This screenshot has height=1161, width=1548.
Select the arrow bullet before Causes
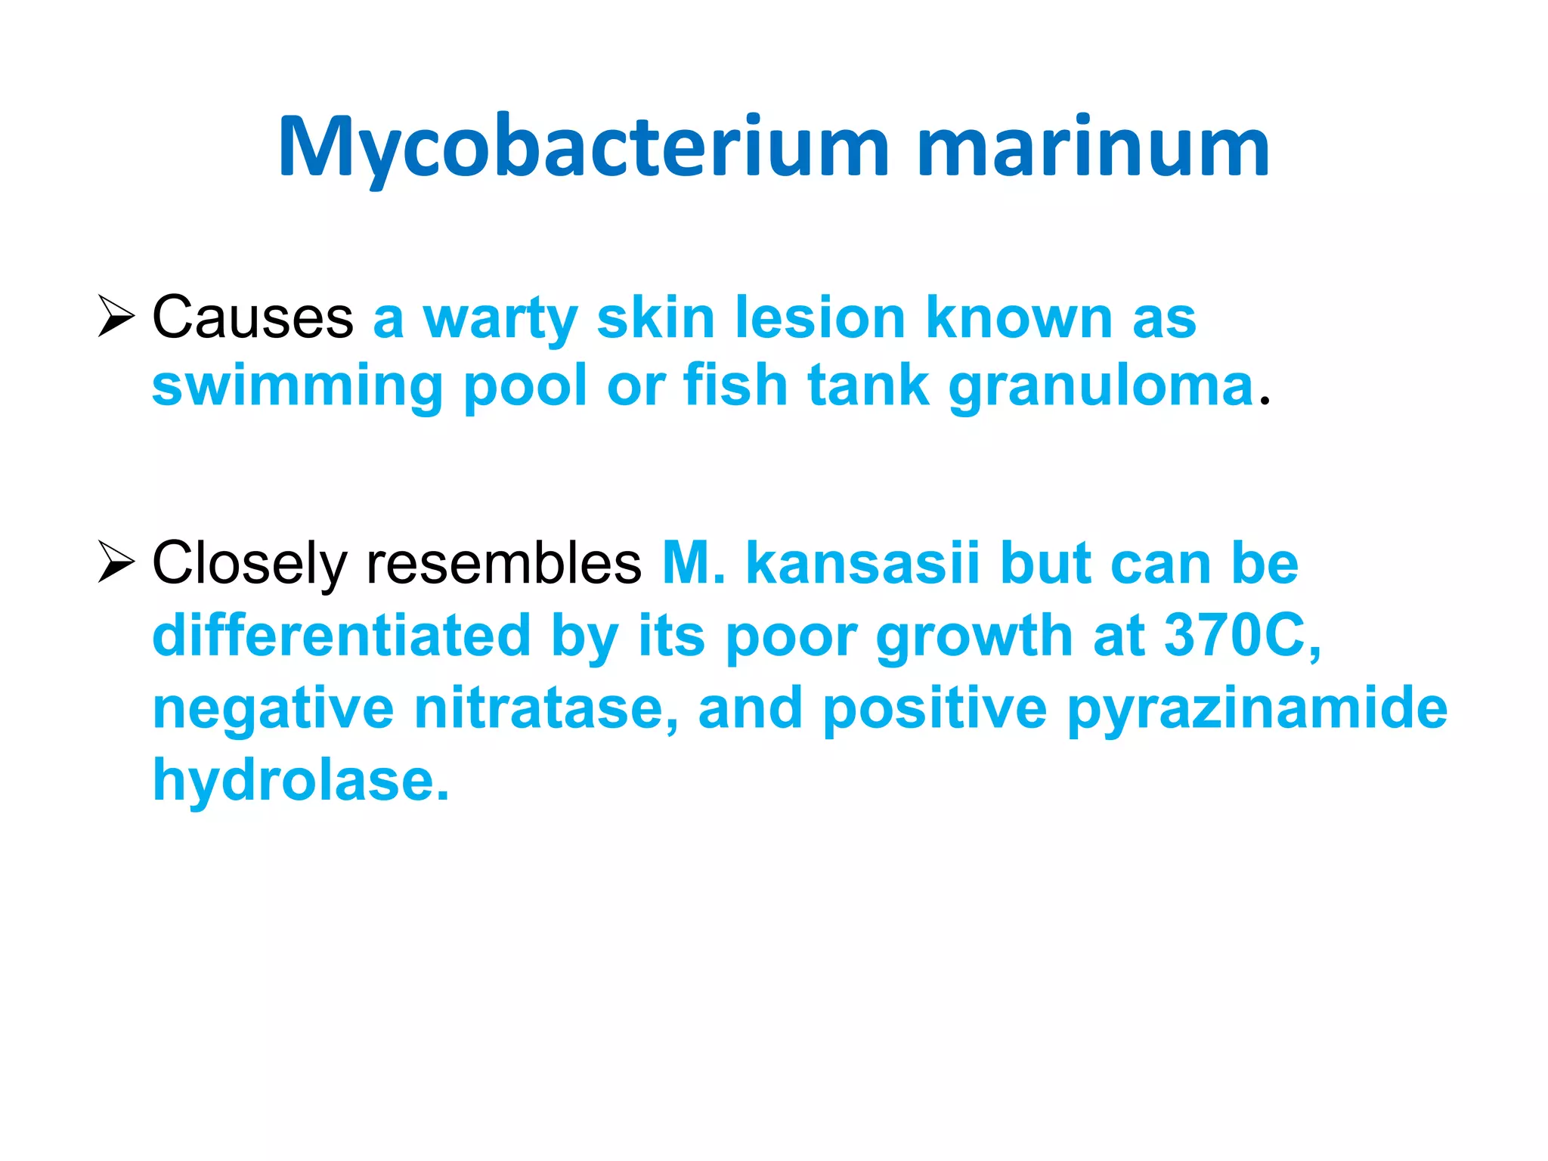(x=116, y=317)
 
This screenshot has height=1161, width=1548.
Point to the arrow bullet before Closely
(x=116, y=563)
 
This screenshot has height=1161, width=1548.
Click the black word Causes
(x=252, y=317)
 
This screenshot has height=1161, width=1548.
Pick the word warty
(x=500, y=319)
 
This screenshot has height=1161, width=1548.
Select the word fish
(x=735, y=385)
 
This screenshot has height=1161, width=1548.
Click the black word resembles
(x=503, y=563)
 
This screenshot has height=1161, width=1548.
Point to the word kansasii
(x=862, y=563)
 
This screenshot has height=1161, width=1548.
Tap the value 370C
(x=1241, y=635)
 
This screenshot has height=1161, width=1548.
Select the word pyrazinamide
(x=1257, y=709)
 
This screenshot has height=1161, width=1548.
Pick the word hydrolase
(x=300, y=780)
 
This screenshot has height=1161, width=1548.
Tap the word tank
(x=868, y=385)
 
